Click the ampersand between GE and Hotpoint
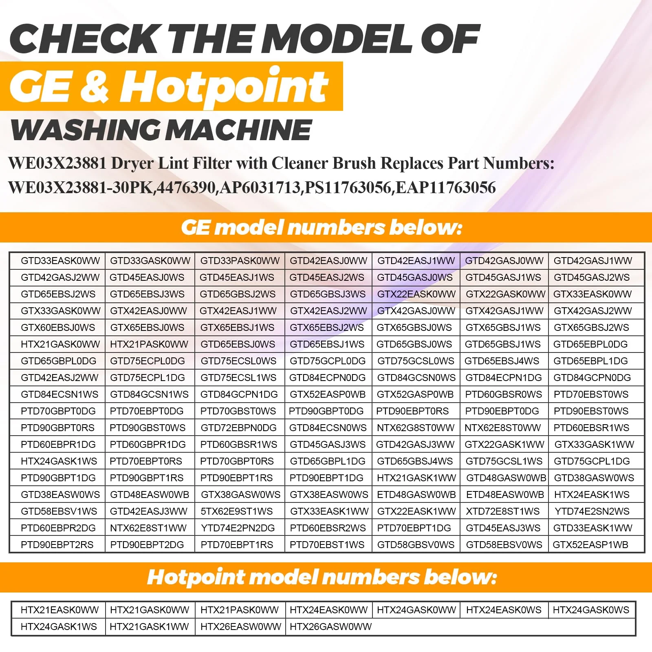coord(94,86)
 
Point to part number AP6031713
coord(260,187)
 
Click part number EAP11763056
coord(445,187)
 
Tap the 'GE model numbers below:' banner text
coord(322,227)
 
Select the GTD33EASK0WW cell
coord(60,261)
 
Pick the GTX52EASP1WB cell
coord(590,544)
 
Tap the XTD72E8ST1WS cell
coord(503,511)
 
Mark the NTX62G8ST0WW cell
coord(416,427)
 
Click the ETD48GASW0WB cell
coord(416,494)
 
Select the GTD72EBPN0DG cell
coord(239,427)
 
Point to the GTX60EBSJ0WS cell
coord(58,327)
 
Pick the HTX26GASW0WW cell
coord(331,626)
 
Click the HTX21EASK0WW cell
coord(60,610)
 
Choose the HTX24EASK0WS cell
coord(504,610)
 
